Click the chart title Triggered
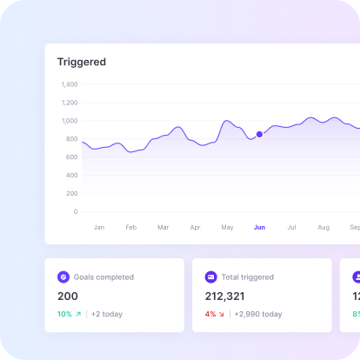(82, 62)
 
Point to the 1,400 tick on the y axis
(70, 84)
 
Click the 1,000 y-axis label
(70, 121)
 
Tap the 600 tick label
(71, 157)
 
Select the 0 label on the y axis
(76, 211)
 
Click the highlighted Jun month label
(259, 227)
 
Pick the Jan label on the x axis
(99, 227)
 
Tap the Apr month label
(195, 227)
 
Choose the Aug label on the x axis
(323, 227)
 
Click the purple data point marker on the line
(259, 134)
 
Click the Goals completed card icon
(63, 277)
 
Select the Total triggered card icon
(211, 277)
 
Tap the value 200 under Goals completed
(68, 297)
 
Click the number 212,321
(224, 297)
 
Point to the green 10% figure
(64, 314)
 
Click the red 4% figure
(210, 314)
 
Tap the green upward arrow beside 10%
(78, 314)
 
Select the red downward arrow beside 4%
(222, 314)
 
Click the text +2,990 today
(258, 314)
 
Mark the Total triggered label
(248, 277)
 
